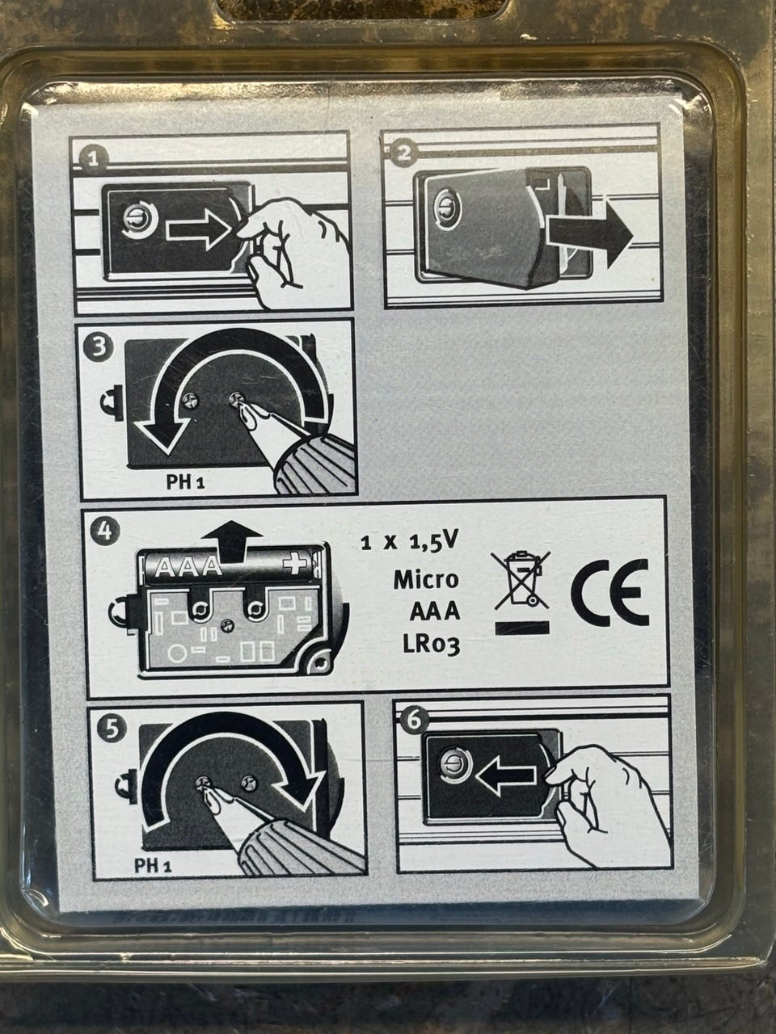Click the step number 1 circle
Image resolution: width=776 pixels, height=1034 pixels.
tap(92, 159)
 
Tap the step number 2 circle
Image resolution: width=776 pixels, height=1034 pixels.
tap(403, 153)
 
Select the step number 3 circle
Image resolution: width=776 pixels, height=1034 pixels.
tap(98, 349)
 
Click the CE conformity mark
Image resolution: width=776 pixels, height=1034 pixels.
tap(610, 592)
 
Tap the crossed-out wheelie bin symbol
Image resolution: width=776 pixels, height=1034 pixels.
tap(521, 578)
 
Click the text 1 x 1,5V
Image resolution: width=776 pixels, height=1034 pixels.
tap(408, 543)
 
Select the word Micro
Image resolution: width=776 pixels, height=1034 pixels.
tap(426, 579)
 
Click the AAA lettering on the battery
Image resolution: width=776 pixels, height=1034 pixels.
tap(188, 567)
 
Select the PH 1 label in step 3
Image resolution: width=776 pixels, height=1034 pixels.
tap(185, 482)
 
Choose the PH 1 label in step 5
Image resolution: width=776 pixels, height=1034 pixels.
tap(153, 865)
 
